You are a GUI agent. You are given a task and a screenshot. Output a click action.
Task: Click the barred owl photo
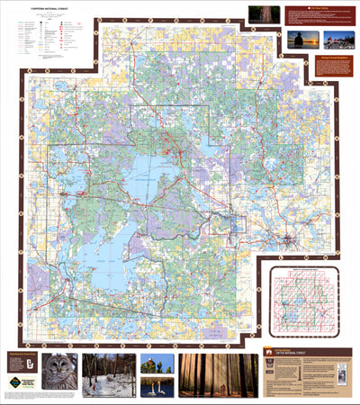click(61, 371)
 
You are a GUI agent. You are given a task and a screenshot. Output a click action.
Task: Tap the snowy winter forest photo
click(109, 374)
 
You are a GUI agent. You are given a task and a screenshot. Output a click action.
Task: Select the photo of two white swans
click(157, 385)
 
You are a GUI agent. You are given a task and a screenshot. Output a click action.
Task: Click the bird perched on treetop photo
click(157, 363)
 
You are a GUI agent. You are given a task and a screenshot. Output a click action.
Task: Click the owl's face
click(61, 364)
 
